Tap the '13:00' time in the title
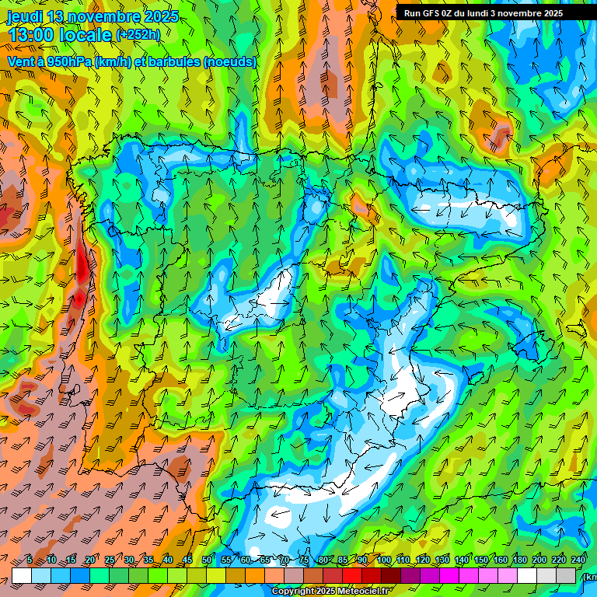point(30,35)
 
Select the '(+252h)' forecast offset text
point(138,35)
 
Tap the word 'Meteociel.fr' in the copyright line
point(362,592)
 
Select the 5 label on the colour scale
point(29,560)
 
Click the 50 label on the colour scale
point(206,560)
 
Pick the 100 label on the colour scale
point(383,560)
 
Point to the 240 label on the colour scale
point(578,560)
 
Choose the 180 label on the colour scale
point(520,560)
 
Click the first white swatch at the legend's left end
point(22,575)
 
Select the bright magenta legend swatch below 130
point(449,575)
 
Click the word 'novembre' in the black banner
point(521,13)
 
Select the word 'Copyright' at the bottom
point(294,592)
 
